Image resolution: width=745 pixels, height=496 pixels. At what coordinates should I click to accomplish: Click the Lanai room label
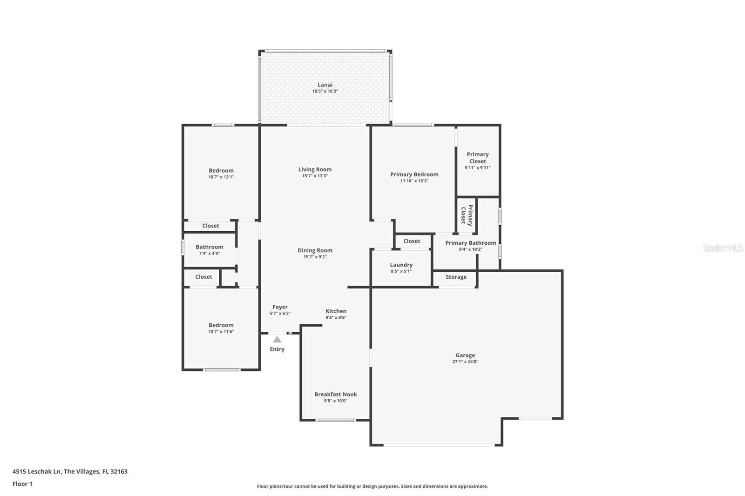click(x=325, y=85)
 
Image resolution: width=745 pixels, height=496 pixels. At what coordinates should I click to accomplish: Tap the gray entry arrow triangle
click(x=277, y=340)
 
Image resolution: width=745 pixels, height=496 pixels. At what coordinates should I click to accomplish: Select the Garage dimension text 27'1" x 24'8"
click(x=465, y=362)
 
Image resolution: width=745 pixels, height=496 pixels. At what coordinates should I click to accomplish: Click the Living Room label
click(x=315, y=169)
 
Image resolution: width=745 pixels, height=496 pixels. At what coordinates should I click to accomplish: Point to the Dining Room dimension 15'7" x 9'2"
click(x=315, y=257)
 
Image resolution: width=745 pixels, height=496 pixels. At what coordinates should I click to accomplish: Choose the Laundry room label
click(x=401, y=265)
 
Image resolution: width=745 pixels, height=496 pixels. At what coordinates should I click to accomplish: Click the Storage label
click(x=456, y=277)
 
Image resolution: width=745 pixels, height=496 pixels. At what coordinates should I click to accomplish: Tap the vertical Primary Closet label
click(x=467, y=215)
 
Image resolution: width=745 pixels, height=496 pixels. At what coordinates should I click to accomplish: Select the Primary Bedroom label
click(x=414, y=174)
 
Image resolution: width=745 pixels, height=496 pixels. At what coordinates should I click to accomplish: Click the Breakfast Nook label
click(x=335, y=394)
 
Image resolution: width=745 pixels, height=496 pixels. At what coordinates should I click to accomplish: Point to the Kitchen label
click(x=336, y=311)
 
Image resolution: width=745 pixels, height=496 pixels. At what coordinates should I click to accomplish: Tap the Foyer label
click(x=280, y=307)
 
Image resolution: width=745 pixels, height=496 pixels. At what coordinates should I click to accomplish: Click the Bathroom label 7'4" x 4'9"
click(x=209, y=247)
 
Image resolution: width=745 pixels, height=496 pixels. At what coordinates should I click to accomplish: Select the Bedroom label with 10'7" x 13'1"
click(x=221, y=170)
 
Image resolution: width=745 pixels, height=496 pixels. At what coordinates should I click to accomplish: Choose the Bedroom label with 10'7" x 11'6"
click(x=221, y=325)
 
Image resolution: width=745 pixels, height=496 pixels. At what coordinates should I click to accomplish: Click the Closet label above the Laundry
click(x=412, y=241)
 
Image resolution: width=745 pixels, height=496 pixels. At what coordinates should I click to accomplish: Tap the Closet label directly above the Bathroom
click(x=210, y=226)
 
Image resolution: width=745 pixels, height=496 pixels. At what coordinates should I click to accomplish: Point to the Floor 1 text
click(x=22, y=484)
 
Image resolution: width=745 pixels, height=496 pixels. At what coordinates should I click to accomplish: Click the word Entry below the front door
click(x=277, y=349)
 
